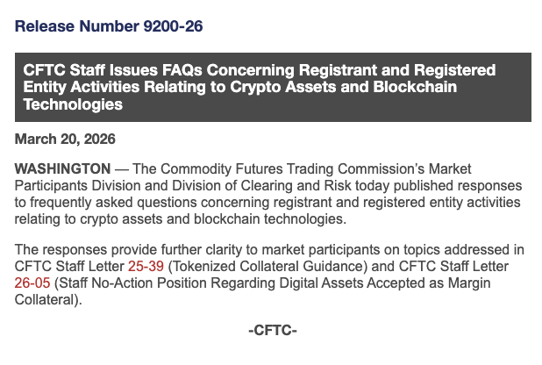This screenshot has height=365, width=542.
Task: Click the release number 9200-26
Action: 174,26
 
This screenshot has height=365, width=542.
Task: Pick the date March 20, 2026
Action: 65,139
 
